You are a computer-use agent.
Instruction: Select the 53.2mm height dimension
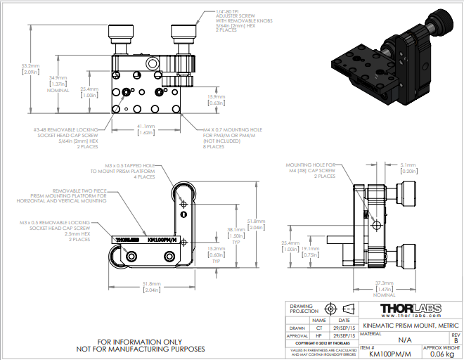tap(30, 69)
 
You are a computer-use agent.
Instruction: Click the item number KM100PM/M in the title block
tap(390, 354)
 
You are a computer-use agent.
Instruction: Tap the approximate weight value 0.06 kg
tap(442, 354)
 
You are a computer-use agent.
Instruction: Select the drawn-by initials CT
tap(319, 327)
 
